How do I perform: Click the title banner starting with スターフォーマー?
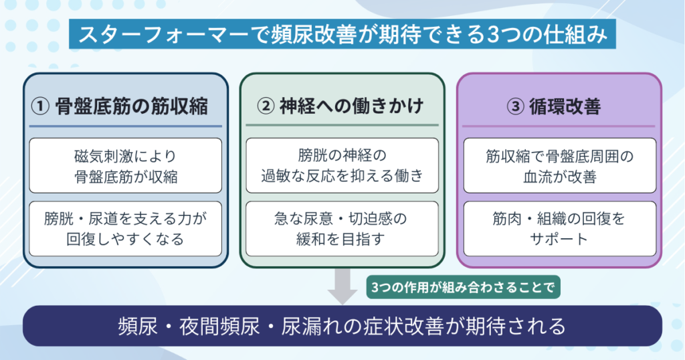point(342,33)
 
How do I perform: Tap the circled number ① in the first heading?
point(41,106)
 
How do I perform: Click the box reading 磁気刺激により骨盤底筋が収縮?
point(125,166)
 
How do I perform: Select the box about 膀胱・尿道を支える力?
point(125,228)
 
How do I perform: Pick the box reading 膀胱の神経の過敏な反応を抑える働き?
point(342,166)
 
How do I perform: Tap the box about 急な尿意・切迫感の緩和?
point(342,228)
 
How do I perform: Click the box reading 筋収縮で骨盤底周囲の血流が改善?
point(559,166)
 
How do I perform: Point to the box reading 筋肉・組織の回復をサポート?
point(559,228)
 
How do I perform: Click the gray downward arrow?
point(343,286)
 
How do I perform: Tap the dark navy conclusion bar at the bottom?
point(342,326)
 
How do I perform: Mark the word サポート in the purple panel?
point(559,238)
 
